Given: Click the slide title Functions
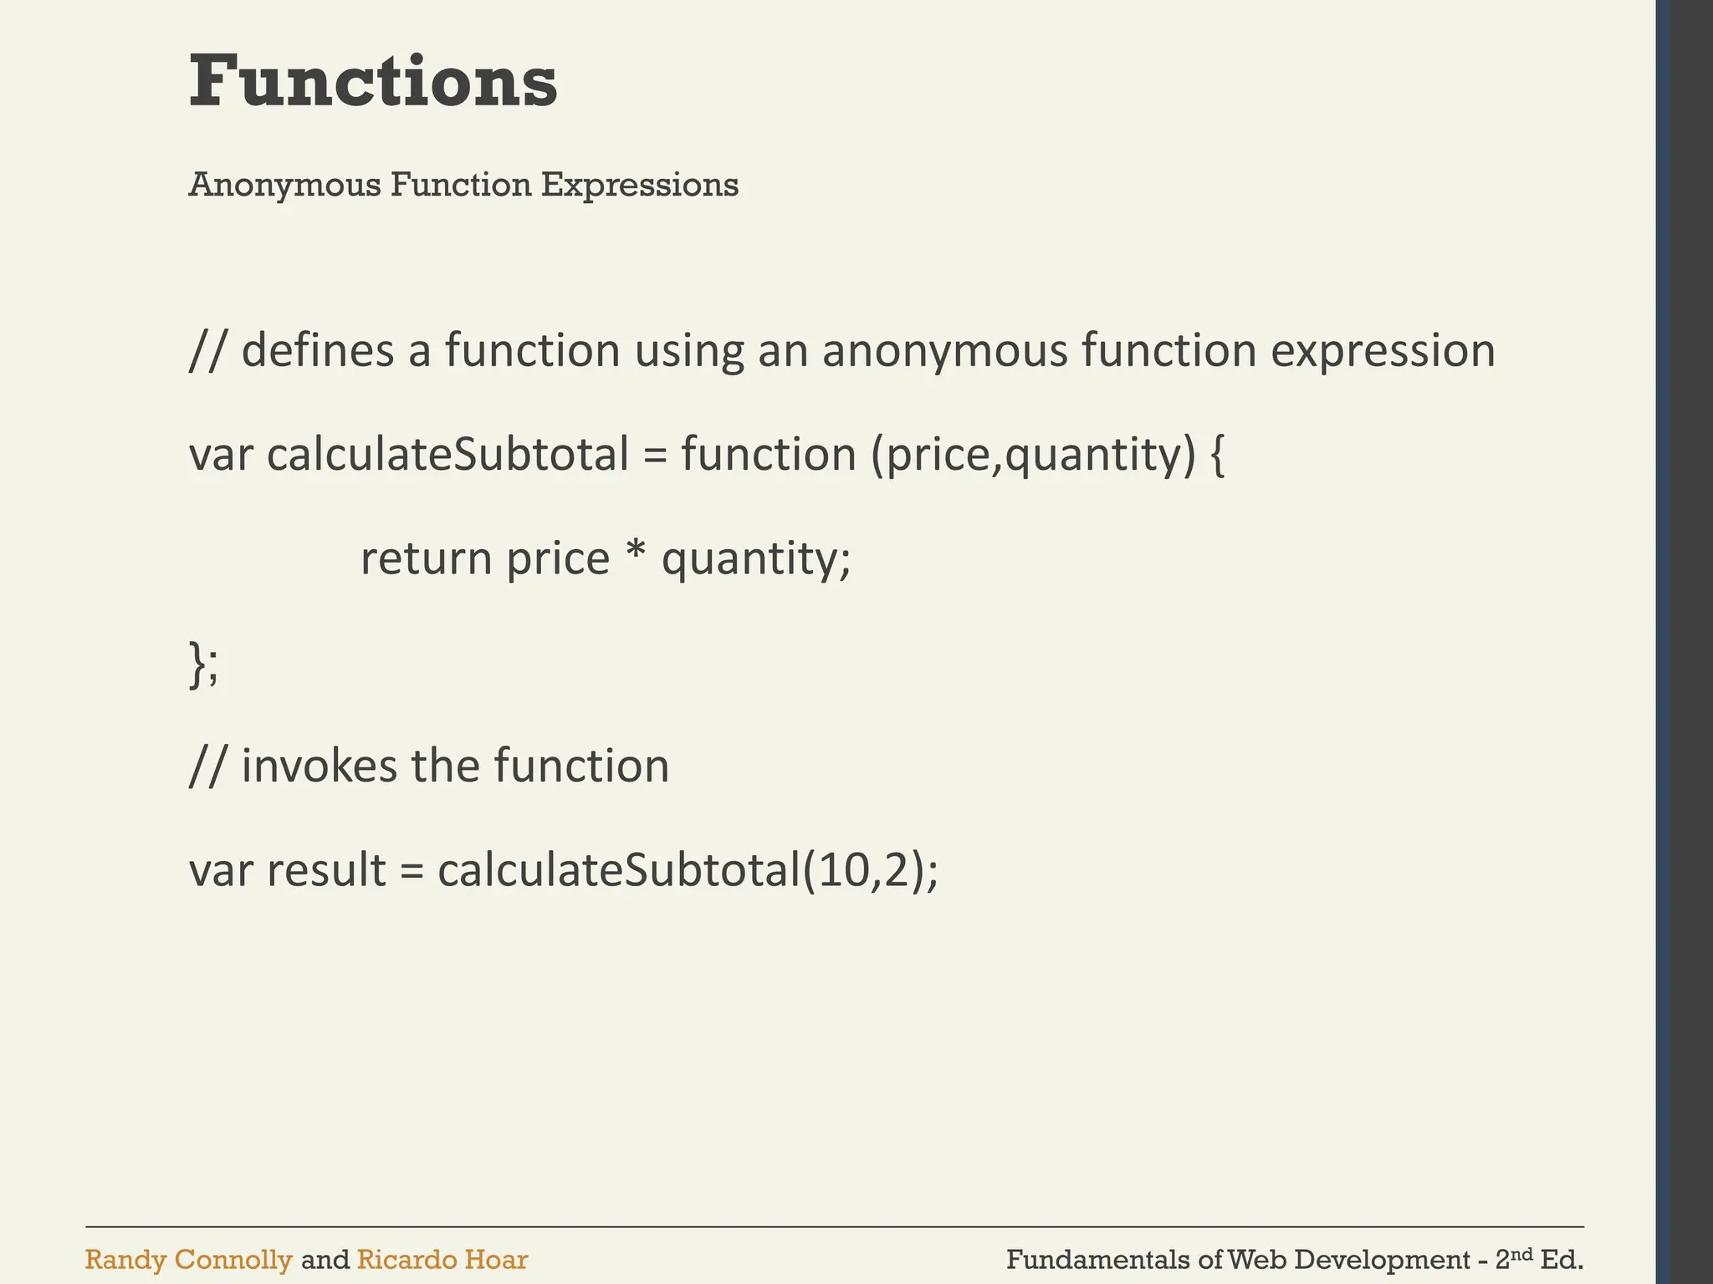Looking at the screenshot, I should point(373,82).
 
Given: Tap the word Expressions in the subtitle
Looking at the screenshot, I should point(639,185).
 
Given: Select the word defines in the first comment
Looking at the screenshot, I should point(317,350).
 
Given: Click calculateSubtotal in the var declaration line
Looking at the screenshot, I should point(447,455).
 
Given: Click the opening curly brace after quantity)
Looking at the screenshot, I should point(1218,456).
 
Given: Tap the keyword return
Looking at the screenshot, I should point(426,559).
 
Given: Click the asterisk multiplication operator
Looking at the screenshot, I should point(635,554).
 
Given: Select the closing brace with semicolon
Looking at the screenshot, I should point(203,664).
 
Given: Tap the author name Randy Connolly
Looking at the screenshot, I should point(188,1260).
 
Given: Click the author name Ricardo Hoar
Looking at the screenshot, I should point(442,1260).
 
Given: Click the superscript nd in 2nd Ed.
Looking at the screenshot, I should point(1523,1253).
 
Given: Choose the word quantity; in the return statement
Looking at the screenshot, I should point(755,559).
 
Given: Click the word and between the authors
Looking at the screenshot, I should point(325,1260).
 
